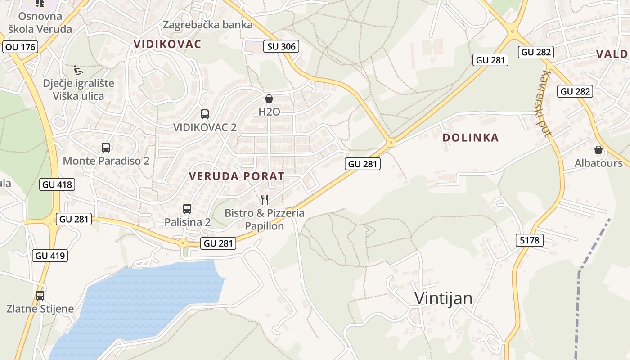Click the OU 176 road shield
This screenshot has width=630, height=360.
20,47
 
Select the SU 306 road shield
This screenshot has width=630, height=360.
282,46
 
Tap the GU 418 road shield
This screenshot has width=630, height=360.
57,184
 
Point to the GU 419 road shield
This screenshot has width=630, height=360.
50,256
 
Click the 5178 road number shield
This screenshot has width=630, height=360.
529,240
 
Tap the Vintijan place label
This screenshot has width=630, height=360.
443,298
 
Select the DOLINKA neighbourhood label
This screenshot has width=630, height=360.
471,138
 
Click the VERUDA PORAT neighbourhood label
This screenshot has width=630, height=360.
237,176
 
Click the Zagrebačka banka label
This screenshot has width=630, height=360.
207,25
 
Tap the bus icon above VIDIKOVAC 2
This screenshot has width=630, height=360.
205,114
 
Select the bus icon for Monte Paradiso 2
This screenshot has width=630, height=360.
106,147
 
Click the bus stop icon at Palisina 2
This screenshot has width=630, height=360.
187,208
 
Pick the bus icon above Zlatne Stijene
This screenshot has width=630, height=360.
40,295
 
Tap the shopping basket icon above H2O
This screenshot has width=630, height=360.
269,98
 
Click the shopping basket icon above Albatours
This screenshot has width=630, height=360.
598,149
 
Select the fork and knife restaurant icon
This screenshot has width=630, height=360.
265,199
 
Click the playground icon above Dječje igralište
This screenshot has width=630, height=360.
78,70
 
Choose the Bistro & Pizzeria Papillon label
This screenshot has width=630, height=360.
265,220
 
